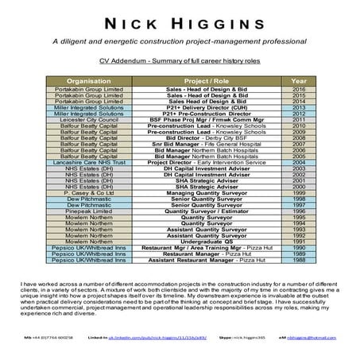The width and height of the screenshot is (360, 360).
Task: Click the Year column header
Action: click(x=299, y=81)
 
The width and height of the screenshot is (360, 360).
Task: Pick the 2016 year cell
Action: click(x=299, y=91)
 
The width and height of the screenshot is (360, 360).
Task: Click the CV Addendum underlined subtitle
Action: click(x=180, y=60)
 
